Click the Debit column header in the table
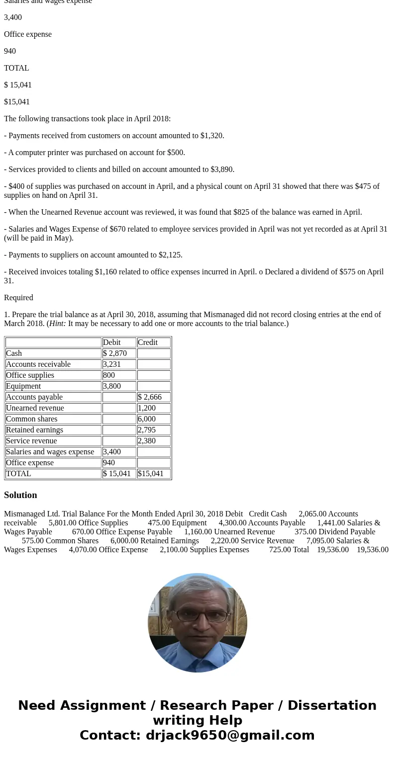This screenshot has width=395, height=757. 112,342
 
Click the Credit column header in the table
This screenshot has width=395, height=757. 148,342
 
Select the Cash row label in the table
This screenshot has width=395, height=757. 14,353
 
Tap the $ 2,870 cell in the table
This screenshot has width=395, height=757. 115,353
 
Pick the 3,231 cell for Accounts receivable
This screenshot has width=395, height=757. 112,364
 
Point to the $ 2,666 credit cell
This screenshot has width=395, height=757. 150,397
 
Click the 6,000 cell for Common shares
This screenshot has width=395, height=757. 147,419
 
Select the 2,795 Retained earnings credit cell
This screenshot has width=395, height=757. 147,430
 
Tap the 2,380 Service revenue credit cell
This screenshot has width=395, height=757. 147,441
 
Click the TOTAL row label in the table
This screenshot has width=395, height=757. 18,474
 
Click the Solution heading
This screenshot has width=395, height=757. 20,495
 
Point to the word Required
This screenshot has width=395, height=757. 18,298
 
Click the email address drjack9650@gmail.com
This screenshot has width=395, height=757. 230,735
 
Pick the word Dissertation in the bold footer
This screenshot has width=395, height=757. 332,705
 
